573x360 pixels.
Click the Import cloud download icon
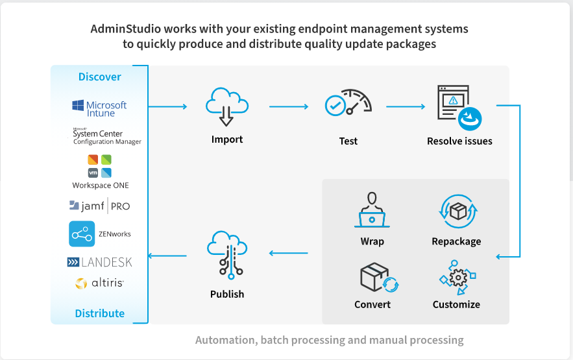[x=227, y=106]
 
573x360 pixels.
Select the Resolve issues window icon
[x=459, y=108]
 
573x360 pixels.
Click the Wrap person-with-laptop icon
[x=372, y=210]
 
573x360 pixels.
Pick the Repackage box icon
[x=458, y=211]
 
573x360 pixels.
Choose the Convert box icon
[x=379, y=278]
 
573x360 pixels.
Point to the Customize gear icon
[x=457, y=277]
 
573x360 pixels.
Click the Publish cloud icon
[x=227, y=255]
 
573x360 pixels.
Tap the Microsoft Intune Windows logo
[x=78, y=106]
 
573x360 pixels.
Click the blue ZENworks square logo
[x=82, y=234]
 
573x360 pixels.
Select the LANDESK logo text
[x=99, y=262]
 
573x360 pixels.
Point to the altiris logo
[x=99, y=283]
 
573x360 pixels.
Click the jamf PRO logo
[x=99, y=206]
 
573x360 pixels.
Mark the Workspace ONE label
[x=101, y=186]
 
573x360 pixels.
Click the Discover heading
[x=100, y=77]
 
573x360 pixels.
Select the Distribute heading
[x=100, y=313]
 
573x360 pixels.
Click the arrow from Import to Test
[x=289, y=106]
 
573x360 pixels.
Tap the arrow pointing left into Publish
[x=288, y=253]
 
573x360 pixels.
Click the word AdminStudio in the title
[x=126, y=29]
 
